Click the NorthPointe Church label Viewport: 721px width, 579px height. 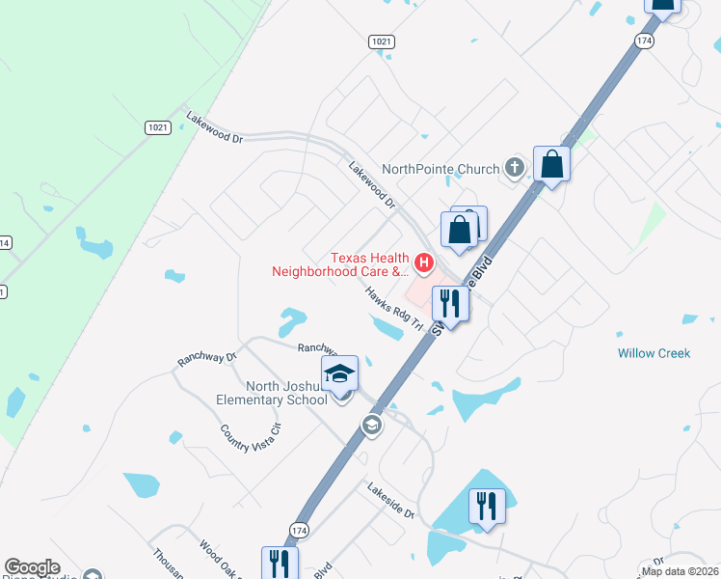click(x=440, y=169)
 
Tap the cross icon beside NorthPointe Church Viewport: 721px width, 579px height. click(x=515, y=169)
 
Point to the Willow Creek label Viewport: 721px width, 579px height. click(x=654, y=353)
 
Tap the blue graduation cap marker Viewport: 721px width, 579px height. click(x=339, y=373)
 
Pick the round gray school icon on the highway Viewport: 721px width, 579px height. click(x=372, y=425)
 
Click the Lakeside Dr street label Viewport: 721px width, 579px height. click(x=390, y=502)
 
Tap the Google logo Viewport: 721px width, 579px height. click(x=32, y=567)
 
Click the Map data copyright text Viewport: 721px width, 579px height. click(x=680, y=570)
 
